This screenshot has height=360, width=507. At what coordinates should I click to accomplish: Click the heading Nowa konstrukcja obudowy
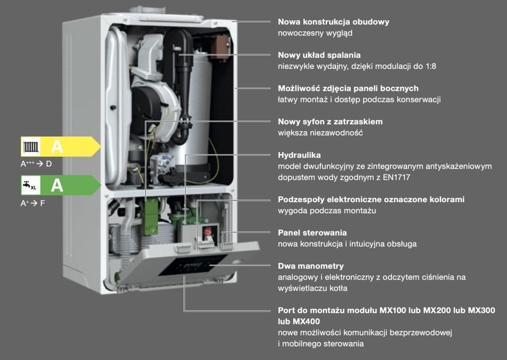[x=333, y=22]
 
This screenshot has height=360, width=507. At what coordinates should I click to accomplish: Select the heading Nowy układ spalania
[x=319, y=55]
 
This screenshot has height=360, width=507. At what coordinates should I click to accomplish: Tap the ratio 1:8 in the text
[x=431, y=66]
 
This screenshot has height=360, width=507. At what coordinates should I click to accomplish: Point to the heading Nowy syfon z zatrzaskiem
[x=330, y=122]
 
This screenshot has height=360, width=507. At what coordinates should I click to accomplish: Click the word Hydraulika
[x=299, y=155]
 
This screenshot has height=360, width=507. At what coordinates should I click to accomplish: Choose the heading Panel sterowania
[x=313, y=233]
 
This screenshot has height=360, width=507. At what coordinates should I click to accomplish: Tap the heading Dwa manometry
[x=310, y=266]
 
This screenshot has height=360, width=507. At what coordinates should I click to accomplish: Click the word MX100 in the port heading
[x=393, y=310]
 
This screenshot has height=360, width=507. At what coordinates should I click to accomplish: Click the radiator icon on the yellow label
[x=31, y=147]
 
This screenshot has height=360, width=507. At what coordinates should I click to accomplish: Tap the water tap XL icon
[x=30, y=185]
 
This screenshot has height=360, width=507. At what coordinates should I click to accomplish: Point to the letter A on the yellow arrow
[x=57, y=147]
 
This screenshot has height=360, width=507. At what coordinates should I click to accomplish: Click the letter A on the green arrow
[x=57, y=185]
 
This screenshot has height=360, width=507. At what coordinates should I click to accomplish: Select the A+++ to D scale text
[x=36, y=164]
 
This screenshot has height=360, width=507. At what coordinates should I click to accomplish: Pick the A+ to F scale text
[x=32, y=203]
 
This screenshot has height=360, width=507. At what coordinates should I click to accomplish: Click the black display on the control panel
[x=192, y=265]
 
